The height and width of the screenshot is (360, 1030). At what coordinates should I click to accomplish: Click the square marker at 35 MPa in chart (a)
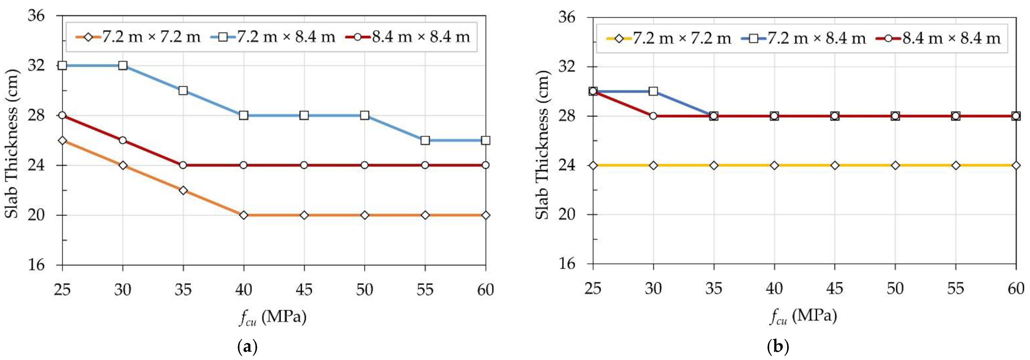pos(183,90)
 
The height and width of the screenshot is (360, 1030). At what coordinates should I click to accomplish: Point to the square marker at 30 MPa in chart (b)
pos(653,91)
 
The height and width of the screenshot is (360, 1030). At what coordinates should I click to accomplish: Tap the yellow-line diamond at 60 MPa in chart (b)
pos(1016,165)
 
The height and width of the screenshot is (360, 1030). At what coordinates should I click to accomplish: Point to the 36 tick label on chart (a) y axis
pos(36,16)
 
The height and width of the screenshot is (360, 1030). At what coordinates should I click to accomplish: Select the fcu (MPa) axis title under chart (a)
pos(273,317)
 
